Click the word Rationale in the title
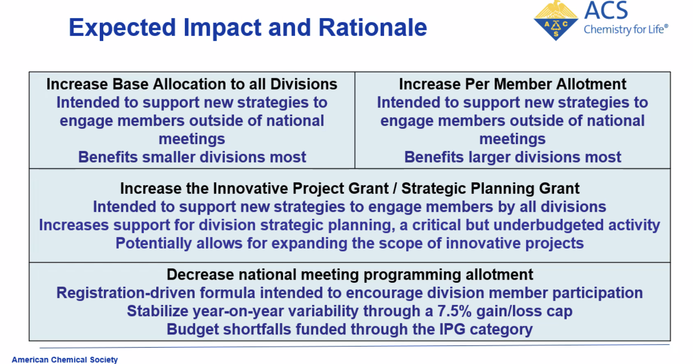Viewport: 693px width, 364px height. (x=373, y=28)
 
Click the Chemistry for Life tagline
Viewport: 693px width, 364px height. (x=626, y=29)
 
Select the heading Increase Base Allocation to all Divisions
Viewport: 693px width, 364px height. (x=192, y=84)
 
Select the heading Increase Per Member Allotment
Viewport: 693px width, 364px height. (x=512, y=84)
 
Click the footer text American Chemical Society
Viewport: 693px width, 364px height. (x=65, y=360)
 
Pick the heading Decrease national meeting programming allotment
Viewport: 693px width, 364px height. (x=349, y=275)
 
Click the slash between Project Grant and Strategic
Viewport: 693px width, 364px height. (x=395, y=189)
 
